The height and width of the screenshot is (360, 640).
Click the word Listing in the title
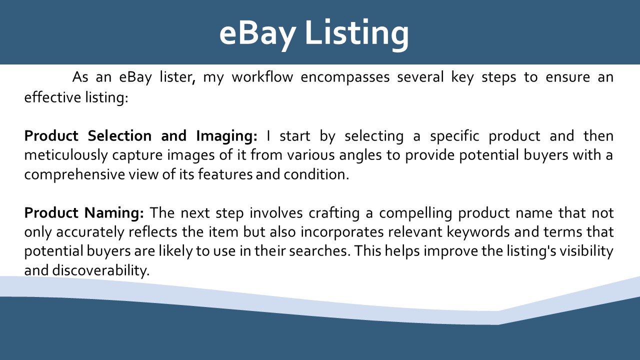click(x=357, y=33)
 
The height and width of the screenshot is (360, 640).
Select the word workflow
click(x=262, y=77)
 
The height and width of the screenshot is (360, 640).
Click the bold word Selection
click(x=119, y=135)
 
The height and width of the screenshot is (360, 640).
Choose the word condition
click(x=316, y=174)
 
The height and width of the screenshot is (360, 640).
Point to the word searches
click(x=319, y=251)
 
